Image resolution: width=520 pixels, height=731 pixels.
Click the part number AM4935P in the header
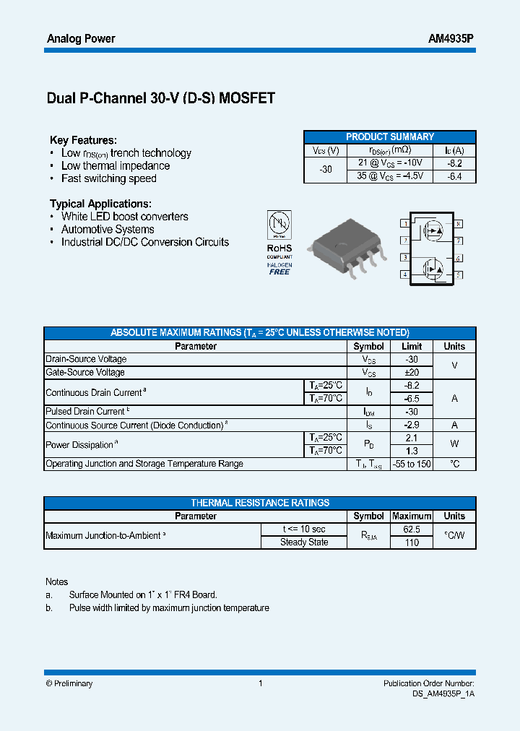click(x=451, y=38)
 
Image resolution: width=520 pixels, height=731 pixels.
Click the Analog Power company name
click(x=80, y=38)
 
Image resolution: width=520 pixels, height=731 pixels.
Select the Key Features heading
click(x=83, y=140)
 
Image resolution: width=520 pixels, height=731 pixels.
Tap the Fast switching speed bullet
click(x=108, y=178)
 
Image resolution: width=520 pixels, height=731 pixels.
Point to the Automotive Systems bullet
click(x=108, y=230)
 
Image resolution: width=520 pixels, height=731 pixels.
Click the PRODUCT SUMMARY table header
click(x=389, y=137)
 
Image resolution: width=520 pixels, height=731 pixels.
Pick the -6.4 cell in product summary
click(x=454, y=176)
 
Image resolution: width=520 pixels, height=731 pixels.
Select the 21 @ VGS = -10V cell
click(x=390, y=163)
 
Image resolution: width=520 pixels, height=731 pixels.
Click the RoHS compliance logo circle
click(x=279, y=223)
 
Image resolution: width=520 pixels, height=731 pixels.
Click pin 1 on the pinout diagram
click(x=405, y=224)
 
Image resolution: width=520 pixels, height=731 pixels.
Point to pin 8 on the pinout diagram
click(x=459, y=224)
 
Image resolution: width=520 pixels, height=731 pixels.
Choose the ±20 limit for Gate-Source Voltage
click(x=412, y=373)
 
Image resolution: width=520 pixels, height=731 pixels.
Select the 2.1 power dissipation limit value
click(x=412, y=438)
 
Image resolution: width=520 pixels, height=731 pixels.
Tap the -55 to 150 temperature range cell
click(x=412, y=464)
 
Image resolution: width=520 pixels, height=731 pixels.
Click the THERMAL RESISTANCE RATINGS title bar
click(x=260, y=503)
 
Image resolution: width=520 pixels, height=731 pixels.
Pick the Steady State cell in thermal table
click(x=304, y=542)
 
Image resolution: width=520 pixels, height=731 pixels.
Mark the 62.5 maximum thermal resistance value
click(x=412, y=529)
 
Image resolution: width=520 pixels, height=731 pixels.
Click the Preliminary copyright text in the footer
click(x=69, y=683)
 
